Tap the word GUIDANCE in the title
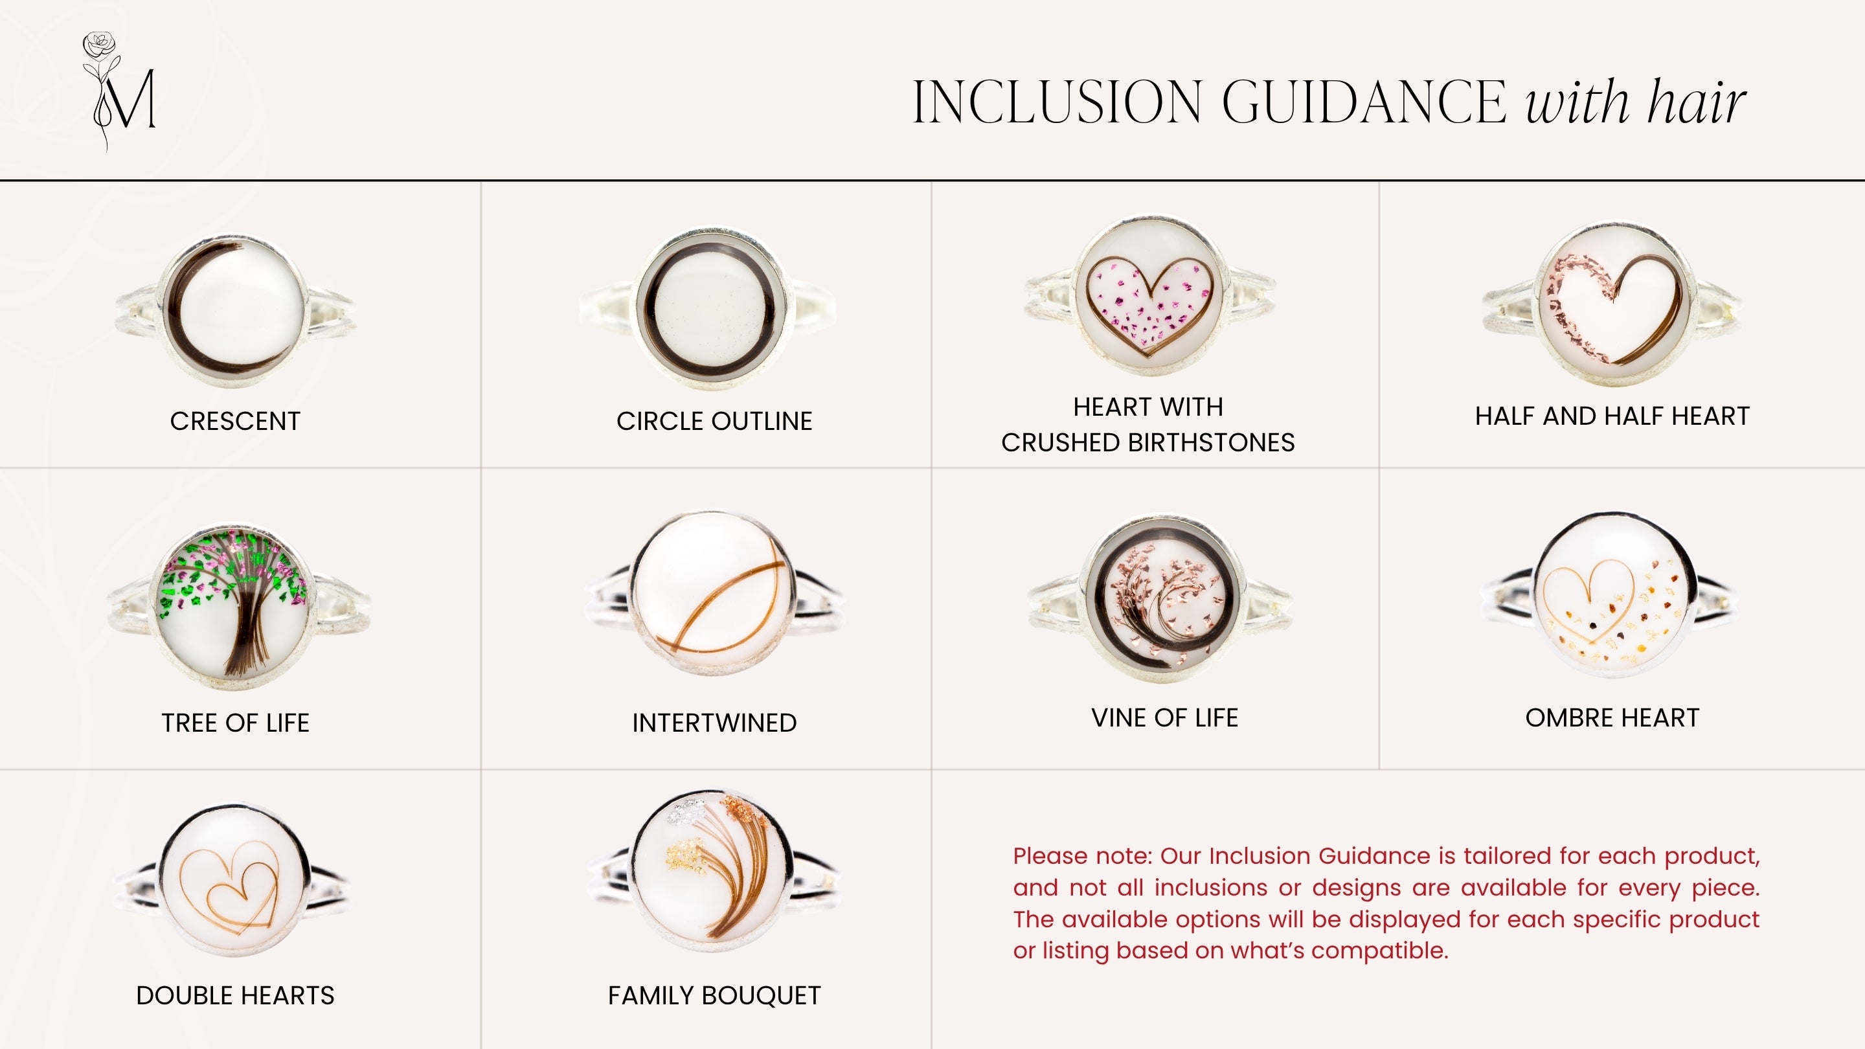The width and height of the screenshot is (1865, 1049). [x=1364, y=102]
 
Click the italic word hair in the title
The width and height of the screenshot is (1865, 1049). [x=1697, y=102]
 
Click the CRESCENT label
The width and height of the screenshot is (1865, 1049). [x=235, y=422]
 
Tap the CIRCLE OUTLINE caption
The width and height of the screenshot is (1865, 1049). [x=714, y=422]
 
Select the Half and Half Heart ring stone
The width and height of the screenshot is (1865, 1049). [x=1613, y=304]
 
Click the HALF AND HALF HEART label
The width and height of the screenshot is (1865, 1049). [x=1612, y=416]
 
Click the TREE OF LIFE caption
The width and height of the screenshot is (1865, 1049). [x=235, y=723]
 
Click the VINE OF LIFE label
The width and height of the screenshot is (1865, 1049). [x=1164, y=717]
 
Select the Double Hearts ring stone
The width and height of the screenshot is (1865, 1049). [x=234, y=879]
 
